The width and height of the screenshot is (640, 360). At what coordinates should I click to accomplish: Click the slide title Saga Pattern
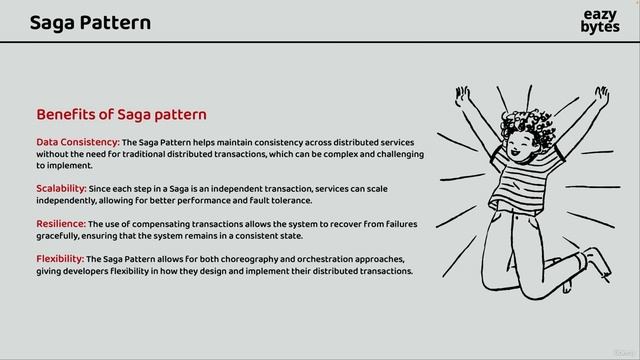point(90,22)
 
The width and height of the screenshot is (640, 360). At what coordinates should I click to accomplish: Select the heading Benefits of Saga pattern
point(121,114)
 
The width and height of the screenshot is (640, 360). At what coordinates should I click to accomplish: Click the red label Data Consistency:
point(78,142)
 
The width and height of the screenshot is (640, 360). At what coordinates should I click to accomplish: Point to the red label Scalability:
point(61,189)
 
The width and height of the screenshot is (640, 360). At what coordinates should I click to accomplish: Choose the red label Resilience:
point(61,224)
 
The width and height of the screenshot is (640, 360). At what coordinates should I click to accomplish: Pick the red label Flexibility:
point(61,259)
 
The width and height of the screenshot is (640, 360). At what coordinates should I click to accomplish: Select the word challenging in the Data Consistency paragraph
point(398,154)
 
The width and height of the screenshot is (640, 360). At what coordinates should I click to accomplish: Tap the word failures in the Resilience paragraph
point(394,224)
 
